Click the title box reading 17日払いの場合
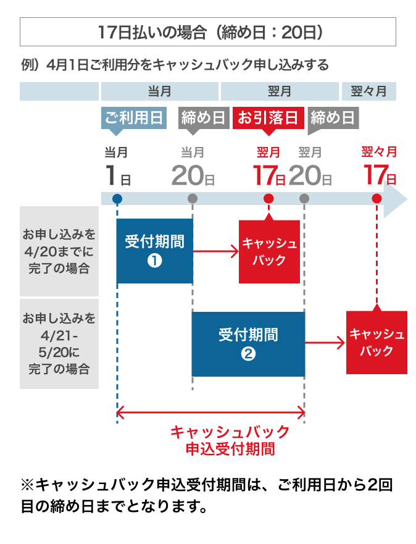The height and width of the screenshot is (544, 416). point(208,32)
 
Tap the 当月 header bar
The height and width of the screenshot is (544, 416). point(159,92)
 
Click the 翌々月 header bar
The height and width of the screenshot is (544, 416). point(368,92)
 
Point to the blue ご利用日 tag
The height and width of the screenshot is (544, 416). point(134,118)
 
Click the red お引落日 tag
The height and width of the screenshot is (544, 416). point(268,118)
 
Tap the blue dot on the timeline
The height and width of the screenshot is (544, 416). point(117,199)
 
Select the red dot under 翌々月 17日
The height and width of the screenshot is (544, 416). point(376,199)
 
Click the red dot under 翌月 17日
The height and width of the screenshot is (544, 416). point(268,199)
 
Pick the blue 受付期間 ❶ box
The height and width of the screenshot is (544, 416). point(154,250)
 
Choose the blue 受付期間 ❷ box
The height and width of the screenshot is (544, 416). point(248,344)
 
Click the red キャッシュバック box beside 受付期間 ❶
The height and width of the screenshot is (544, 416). point(269,251)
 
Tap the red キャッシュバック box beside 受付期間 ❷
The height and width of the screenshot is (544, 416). point(376,343)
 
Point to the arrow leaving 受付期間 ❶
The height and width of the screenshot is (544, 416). point(216,251)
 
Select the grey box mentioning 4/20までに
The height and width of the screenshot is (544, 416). point(59,251)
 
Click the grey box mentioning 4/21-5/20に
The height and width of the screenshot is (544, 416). point(59,344)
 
